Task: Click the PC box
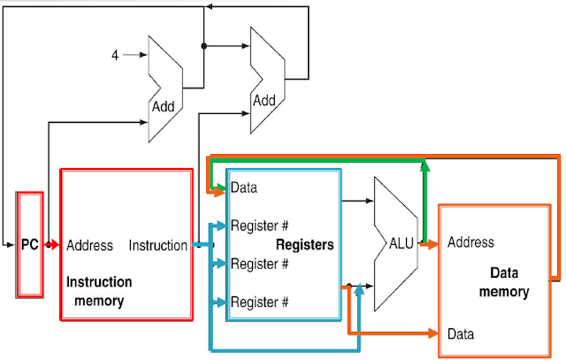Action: pos(30,244)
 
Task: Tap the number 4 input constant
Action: pos(115,56)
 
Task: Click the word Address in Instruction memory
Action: pos(89,245)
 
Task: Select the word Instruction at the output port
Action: pos(157,245)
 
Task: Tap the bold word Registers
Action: pos(305,244)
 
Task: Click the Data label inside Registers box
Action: pos(244,188)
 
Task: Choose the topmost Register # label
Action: pos(260,225)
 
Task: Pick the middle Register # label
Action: pos(260,264)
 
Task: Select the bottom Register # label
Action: pos(260,303)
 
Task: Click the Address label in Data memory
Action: pos(470,242)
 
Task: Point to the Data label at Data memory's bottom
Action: pos(461,334)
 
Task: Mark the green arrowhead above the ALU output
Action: pos(424,166)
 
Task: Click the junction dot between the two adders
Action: pos(203,46)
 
